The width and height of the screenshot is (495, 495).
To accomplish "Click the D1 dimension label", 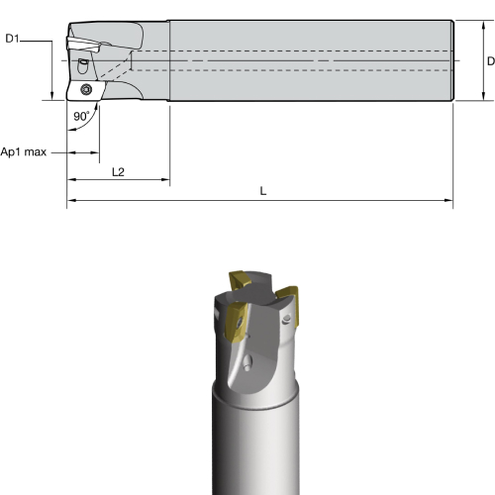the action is pos(12,39).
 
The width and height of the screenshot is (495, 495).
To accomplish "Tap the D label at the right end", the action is pos(491,61).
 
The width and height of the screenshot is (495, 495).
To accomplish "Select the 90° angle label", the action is pos(81,116).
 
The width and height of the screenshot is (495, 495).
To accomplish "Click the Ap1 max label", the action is pos(24,152).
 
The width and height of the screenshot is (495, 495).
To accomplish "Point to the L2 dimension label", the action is pos(118,172).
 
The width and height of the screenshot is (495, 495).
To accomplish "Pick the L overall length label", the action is pos(263,191).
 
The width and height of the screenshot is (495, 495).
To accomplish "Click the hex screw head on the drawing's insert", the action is pos(86,89).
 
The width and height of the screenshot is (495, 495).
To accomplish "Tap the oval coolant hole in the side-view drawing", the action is pos(82,66).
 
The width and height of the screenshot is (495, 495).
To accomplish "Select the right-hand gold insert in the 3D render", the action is pos(288,305).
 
